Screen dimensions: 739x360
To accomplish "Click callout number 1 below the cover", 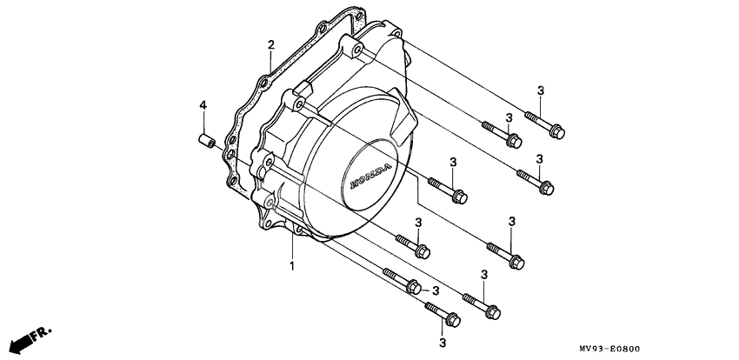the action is pyautogui.click(x=292, y=266).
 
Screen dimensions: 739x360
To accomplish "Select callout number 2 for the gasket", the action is pyautogui.click(x=271, y=45).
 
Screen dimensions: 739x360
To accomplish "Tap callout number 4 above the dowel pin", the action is pyautogui.click(x=203, y=105).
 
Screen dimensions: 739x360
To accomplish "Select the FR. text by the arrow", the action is pyautogui.click(x=41, y=333).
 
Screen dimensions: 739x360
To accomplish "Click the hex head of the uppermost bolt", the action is pyautogui.click(x=557, y=132).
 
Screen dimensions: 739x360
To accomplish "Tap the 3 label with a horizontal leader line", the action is pyautogui.click(x=436, y=291).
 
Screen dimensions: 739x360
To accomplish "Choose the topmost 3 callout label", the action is pyautogui.click(x=540, y=91).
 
